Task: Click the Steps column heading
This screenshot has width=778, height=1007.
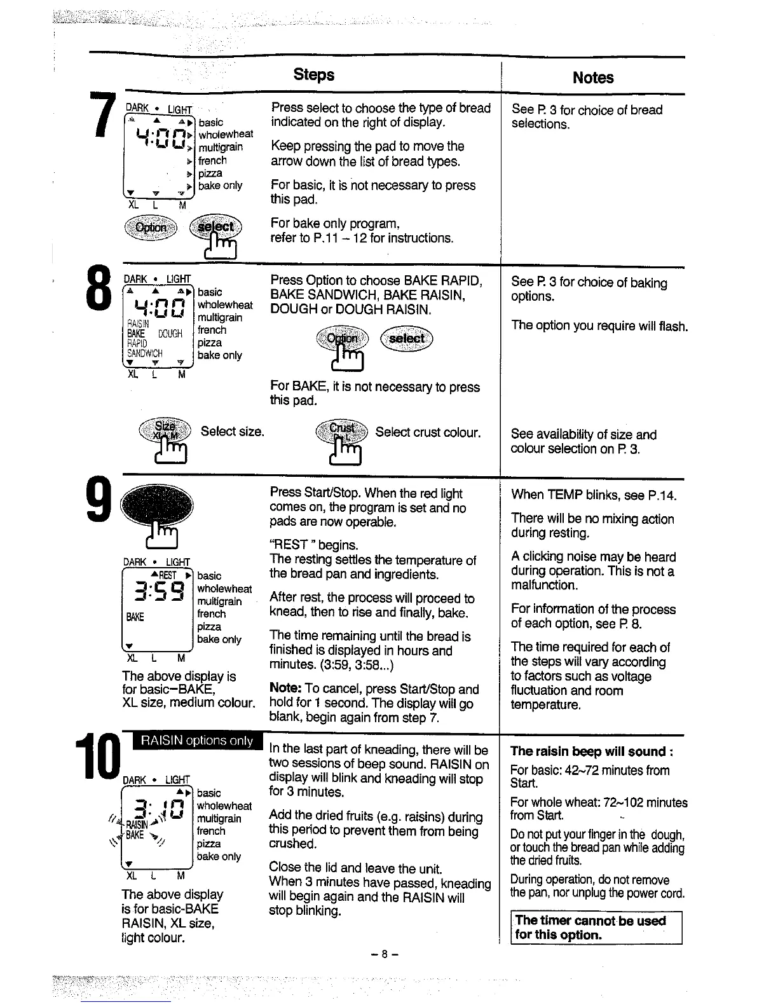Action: pyautogui.click(x=313, y=74)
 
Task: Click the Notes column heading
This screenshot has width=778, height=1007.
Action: pyautogui.click(x=592, y=78)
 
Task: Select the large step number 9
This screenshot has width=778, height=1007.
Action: pyautogui.click(x=101, y=502)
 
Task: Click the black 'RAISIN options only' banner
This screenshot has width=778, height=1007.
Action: pyautogui.click(x=196, y=741)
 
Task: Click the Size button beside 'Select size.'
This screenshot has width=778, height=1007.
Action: pyautogui.click(x=164, y=430)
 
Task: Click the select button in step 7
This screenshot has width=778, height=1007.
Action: pyautogui.click(x=215, y=227)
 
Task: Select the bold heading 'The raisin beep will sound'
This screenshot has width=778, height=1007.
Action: pyautogui.click(x=591, y=751)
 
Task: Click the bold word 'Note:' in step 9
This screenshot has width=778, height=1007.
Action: pyautogui.click(x=285, y=688)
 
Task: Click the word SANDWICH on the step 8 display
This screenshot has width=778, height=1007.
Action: pyautogui.click(x=145, y=353)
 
